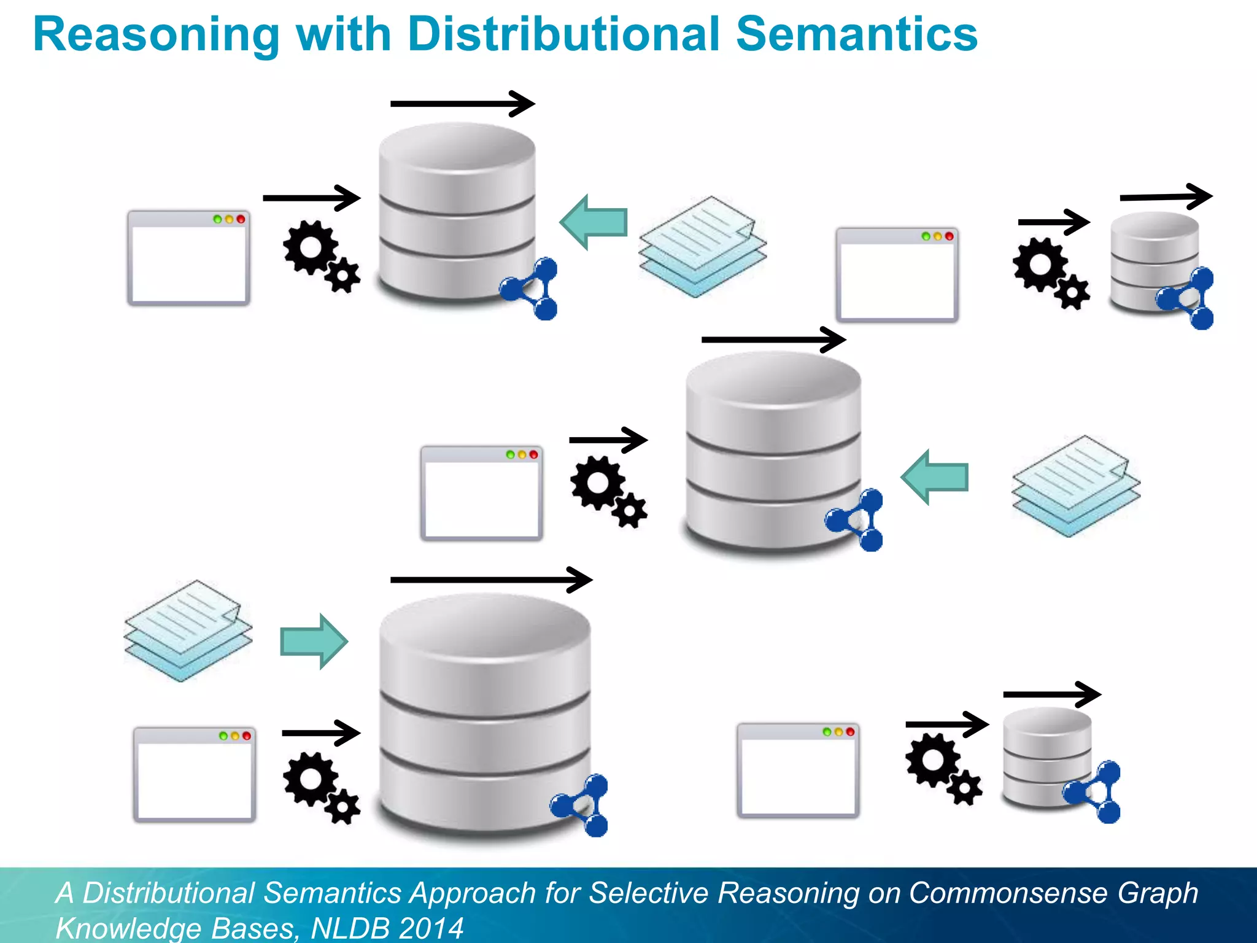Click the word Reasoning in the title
click(x=157, y=36)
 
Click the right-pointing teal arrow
click(x=314, y=642)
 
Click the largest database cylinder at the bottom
click(x=484, y=712)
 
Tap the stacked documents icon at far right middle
click(x=1075, y=486)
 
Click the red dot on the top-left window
click(x=241, y=219)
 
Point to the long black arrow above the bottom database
click(x=491, y=580)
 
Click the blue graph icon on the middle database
click(x=856, y=521)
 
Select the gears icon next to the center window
click(x=608, y=491)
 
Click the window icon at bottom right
click(x=797, y=770)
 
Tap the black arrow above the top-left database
click(x=462, y=104)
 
